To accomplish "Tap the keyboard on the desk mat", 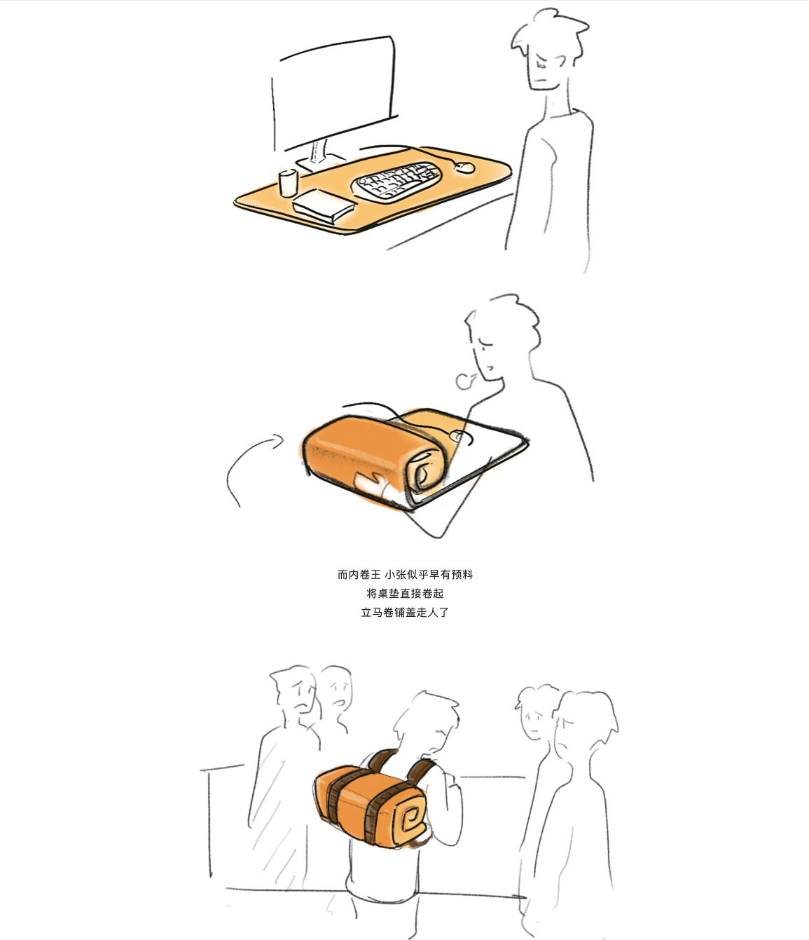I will coord(396,180).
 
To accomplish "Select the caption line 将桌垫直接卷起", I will coord(405,594).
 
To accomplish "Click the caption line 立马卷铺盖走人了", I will coord(405,613).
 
